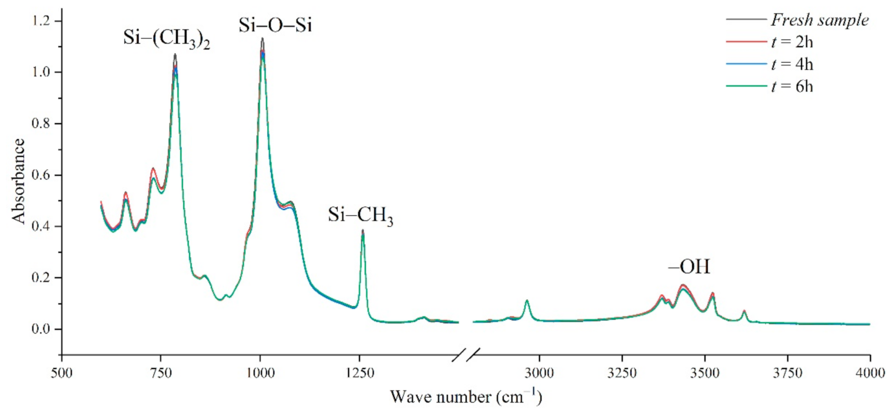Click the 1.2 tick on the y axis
[x=43, y=21]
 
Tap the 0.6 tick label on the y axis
[x=43, y=175]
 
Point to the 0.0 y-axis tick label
[x=43, y=329]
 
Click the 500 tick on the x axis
[x=62, y=372]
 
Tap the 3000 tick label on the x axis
[x=540, y=372]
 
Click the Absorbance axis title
[x=19, y=180]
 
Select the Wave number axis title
[x=466, y=395]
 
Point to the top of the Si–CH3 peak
[x=363, y=230]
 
